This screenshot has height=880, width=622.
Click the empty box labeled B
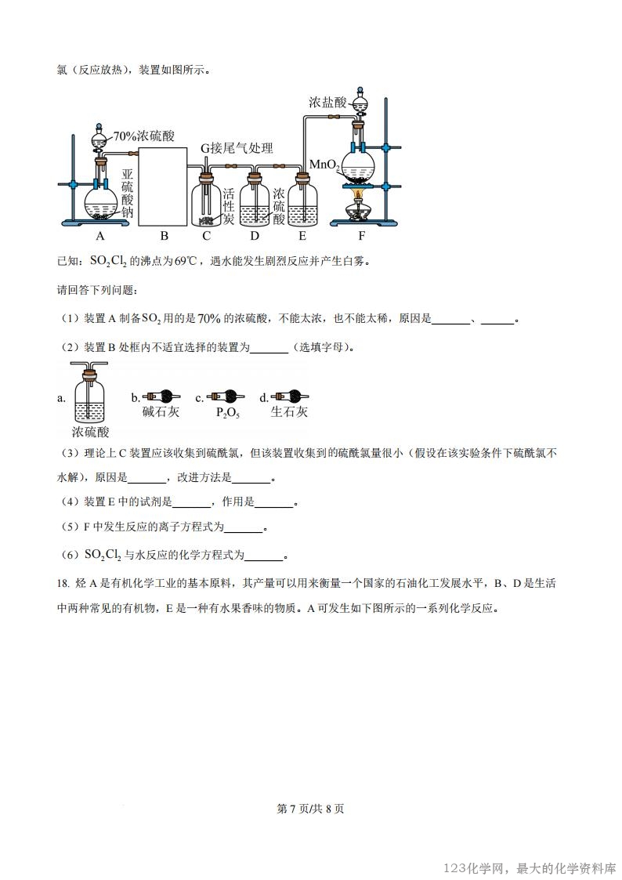[x=164, y=185]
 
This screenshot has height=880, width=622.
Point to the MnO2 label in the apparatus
[x=324, y=165]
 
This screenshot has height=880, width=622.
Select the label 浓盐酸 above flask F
[x=327, y=103]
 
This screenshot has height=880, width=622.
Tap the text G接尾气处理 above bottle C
[x=237, y=148]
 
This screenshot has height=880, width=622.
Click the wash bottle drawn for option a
[x=90, y=396]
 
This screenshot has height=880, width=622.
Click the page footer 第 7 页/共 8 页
[x=311, y=809]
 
